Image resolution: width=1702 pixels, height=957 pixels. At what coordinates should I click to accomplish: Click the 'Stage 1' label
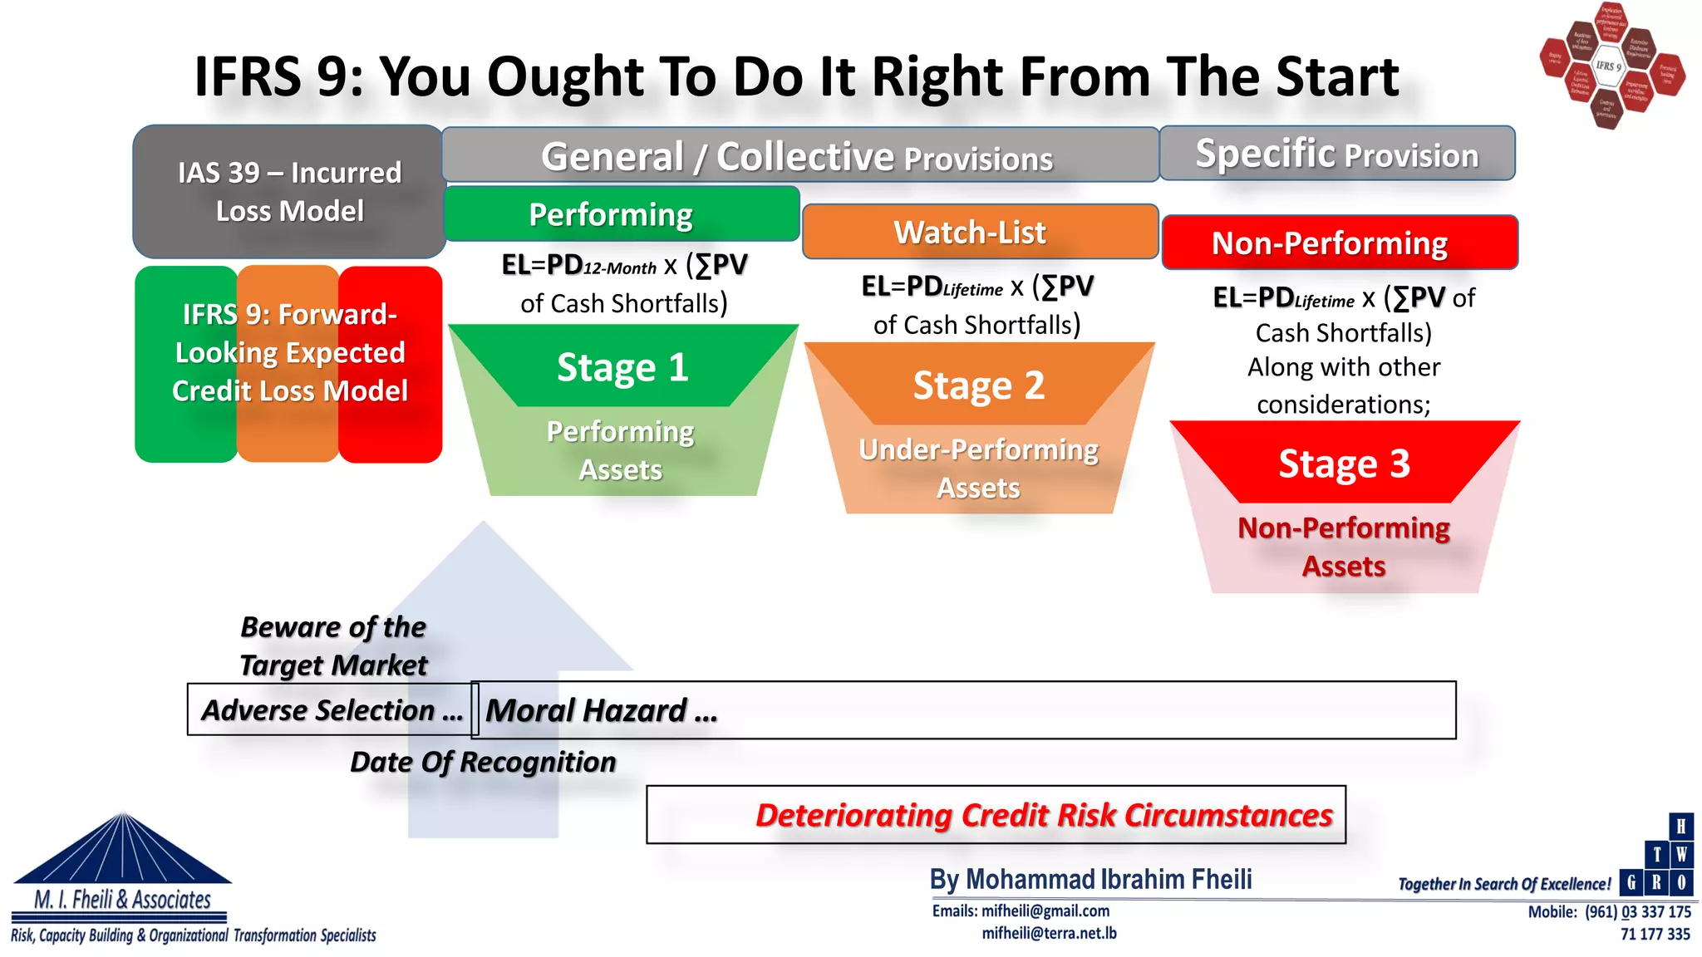pos(622,367)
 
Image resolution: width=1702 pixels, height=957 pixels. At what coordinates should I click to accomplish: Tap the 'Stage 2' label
pos(978,385)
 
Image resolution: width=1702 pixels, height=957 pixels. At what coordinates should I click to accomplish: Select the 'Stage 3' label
pos(1344,464)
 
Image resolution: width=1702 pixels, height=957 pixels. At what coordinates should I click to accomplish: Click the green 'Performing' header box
pos(622,214)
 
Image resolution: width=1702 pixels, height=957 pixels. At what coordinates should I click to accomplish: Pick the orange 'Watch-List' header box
pos(979,232)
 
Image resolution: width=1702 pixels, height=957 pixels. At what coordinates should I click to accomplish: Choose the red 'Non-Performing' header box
pos(1339,243)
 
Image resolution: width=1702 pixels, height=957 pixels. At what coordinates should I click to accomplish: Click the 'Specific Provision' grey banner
pos(1336,154)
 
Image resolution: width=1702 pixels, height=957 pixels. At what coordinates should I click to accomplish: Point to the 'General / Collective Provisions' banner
pos(798,155)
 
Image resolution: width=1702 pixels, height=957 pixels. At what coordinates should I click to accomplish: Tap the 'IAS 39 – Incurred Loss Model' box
pos(289,192)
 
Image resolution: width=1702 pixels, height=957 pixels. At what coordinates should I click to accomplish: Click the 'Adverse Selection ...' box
pos(331,710)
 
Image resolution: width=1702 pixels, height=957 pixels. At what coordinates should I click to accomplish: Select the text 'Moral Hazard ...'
pos(601,711)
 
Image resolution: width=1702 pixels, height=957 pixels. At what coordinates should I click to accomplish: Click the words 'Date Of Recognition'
pos(483,762)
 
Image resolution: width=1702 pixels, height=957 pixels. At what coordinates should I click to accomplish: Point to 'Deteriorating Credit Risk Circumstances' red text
pos(1044,815)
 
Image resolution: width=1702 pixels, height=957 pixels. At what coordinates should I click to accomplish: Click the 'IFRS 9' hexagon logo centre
pos(1609,66)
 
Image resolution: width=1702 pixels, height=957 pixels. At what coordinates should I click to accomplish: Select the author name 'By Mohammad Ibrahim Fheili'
pos(1090,879)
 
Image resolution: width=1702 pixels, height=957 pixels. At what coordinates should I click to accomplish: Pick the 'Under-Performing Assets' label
pos(978,469)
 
